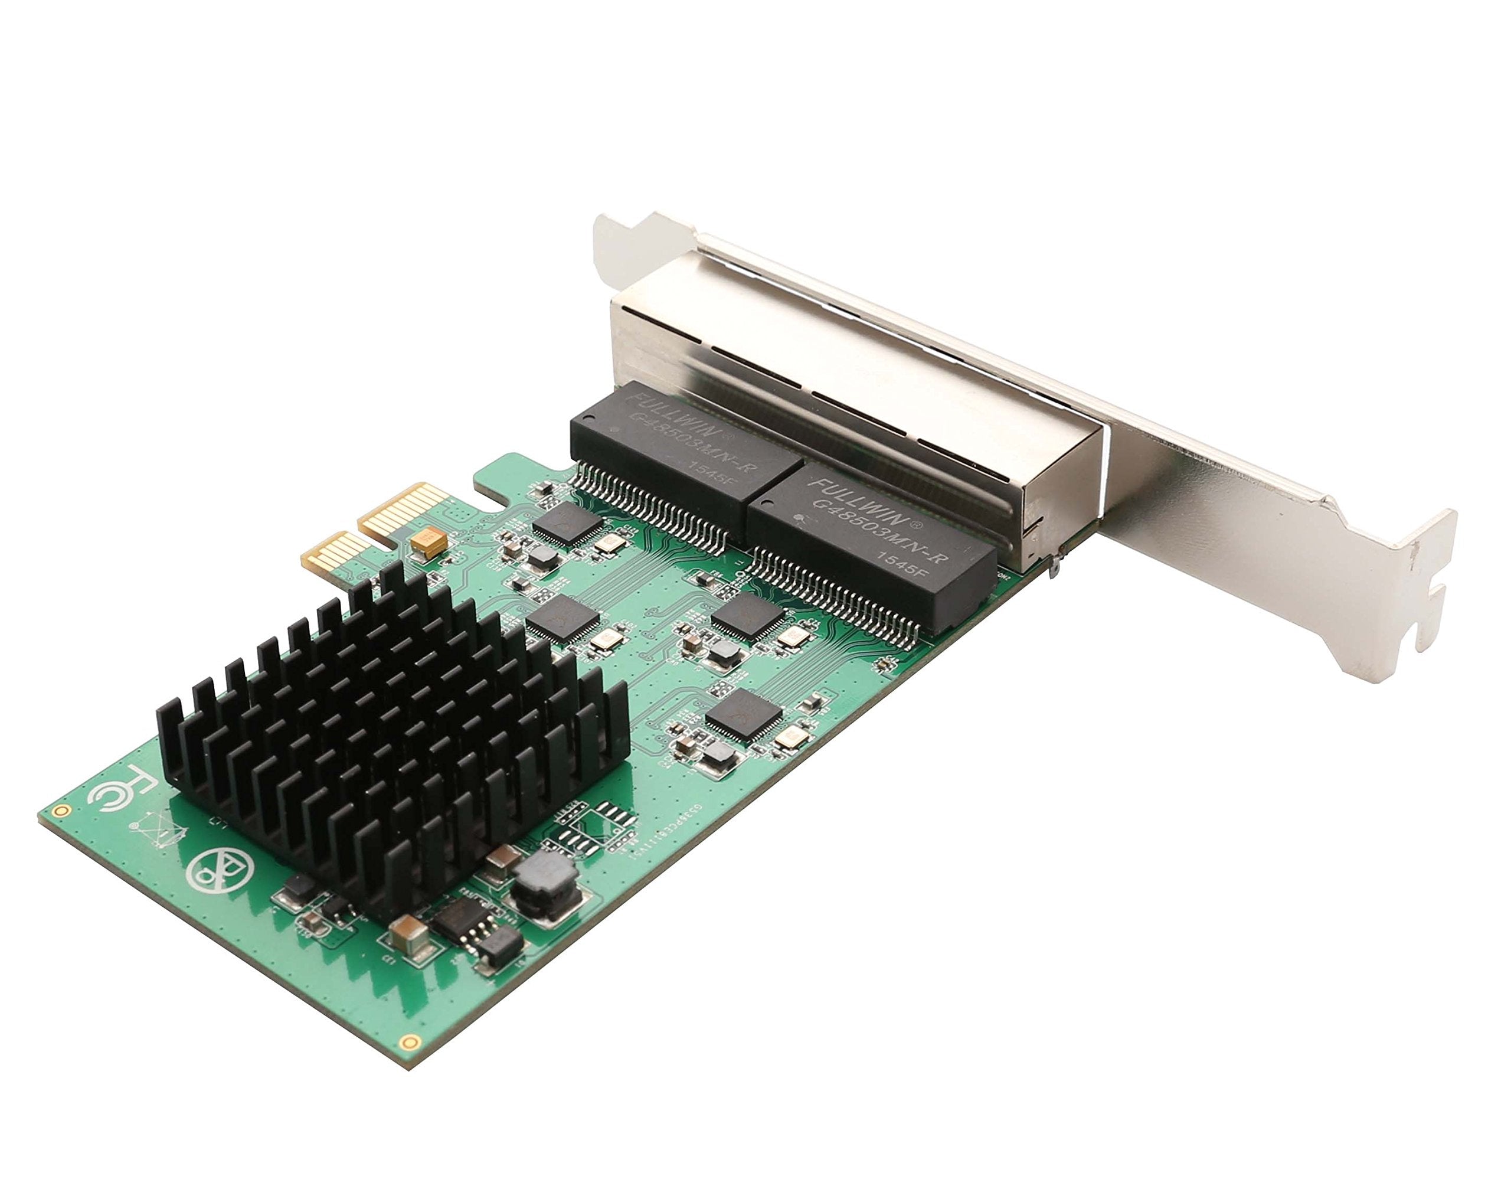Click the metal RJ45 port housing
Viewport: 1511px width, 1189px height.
point(835,369)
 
